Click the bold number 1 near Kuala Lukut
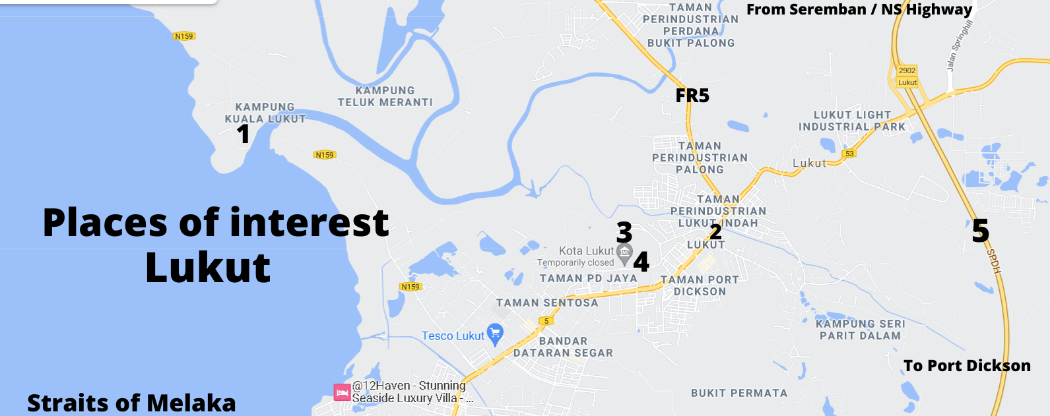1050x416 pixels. point(244,134)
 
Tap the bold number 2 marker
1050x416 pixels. point(715,231)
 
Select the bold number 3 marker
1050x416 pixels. point(624,232)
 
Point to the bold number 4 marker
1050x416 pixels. point(641,262)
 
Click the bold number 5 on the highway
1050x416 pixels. point(981,231)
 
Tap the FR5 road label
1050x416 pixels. point(692,96)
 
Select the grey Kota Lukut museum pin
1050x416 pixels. point(624,253)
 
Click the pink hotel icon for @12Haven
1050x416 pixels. point(342,392)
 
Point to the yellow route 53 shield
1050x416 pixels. point(849,154)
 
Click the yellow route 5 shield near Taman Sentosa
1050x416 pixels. point(546,321)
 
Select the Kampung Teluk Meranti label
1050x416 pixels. point(385,96)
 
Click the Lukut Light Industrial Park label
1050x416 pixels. point(852,121)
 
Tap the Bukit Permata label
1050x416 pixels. point(739,394)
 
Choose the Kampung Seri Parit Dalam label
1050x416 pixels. point(861,330)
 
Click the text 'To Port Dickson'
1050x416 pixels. point(967,366)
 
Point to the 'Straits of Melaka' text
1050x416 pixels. point(131,403)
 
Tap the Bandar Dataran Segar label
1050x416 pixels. point(563,347)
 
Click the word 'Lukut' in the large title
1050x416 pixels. point(208,268)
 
